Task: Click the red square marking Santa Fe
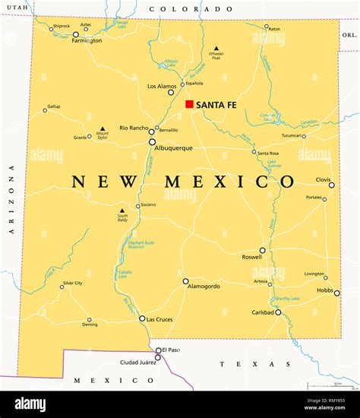(189, 104)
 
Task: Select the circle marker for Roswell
(262, 250)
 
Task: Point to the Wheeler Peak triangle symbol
(216, 48)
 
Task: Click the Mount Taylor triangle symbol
(103, 128)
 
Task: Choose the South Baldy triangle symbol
(122, 211)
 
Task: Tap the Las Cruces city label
(159, 319)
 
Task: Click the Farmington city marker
(76, 34)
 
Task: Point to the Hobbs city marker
(337, 293)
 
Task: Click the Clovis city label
(324, 179)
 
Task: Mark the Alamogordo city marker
(185, 281)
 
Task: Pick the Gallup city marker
(45, 110)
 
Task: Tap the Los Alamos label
(161, 84)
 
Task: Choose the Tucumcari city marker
(304, 136)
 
